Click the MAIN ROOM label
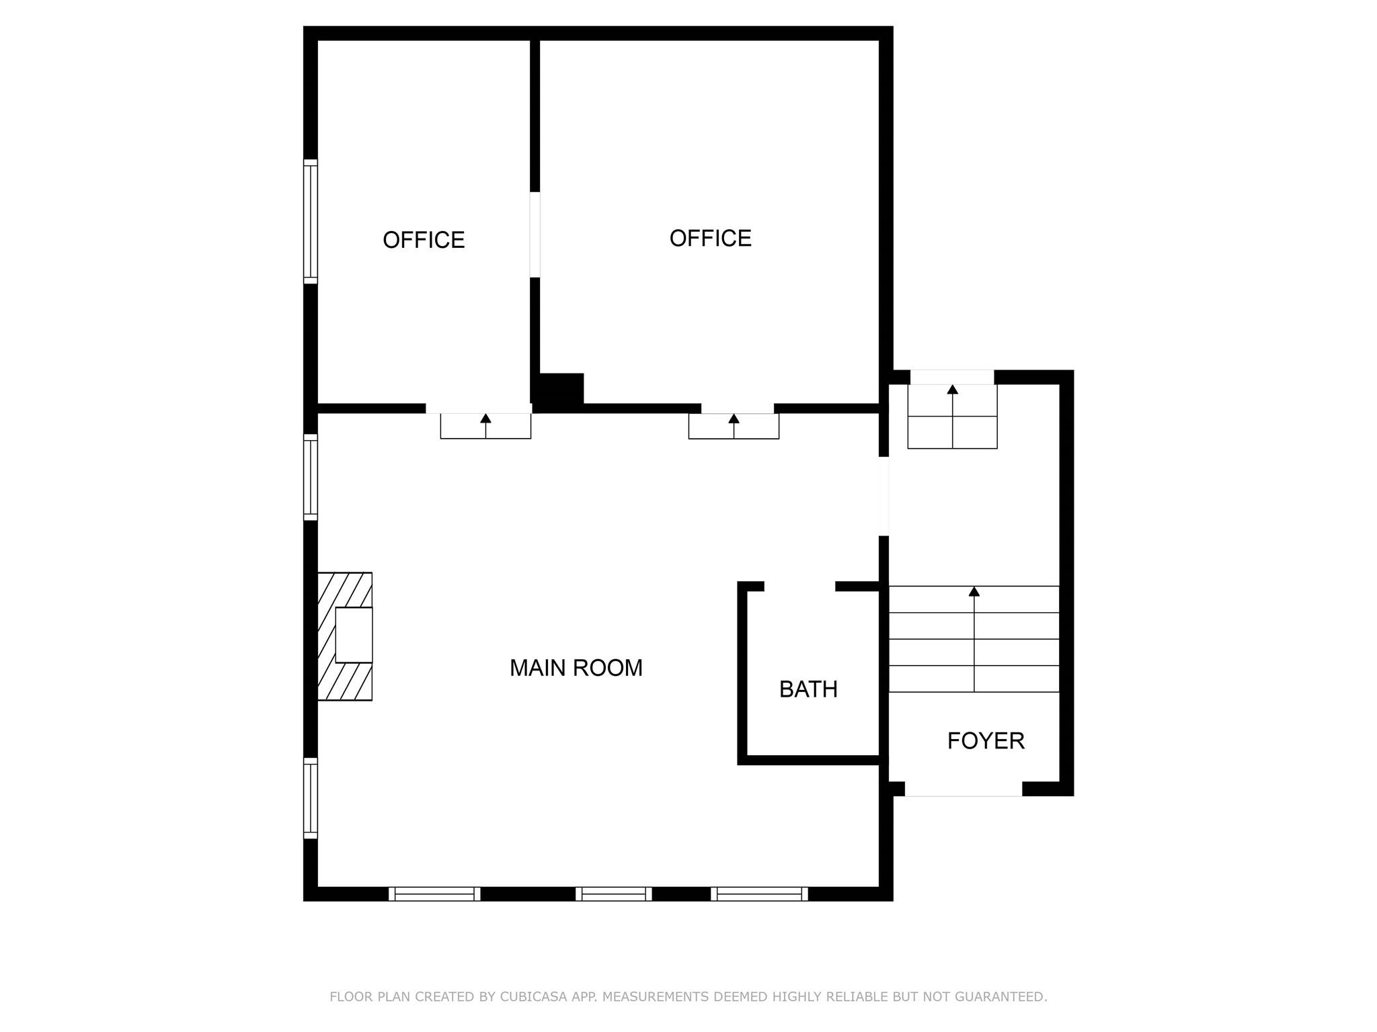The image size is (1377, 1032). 576,668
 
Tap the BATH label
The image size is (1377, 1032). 808,689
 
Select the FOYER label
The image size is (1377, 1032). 986,741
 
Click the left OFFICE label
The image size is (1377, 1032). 424,240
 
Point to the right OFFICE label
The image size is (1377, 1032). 710,239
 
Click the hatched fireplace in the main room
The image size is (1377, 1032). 345,636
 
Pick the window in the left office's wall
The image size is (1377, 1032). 310,222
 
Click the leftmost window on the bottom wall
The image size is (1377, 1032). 434,894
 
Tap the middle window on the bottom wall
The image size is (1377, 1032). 614,894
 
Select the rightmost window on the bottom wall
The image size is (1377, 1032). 760,894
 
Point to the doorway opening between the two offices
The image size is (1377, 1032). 535,234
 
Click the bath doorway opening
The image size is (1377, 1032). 799,586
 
